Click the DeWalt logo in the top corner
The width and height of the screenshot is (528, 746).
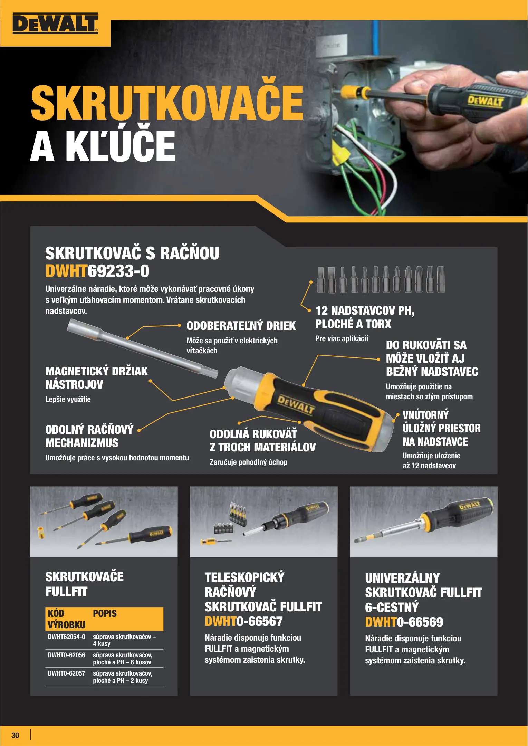[x=55, y=23]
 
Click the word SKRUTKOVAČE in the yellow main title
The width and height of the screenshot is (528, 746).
[x=167, y=103]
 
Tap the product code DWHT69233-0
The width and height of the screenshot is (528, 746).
[x=97, y=271]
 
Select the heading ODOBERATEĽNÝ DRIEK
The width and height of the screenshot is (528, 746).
[x=241, y=326]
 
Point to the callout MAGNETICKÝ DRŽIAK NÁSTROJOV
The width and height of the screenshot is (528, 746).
[x=96, y=378]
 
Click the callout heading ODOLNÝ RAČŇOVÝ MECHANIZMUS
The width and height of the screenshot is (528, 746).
[x=89, y=436]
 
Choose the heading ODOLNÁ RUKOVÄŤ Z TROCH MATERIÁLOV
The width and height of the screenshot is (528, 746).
[x=262, y=441]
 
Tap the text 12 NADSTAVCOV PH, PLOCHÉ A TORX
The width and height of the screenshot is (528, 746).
[x=365, y=317]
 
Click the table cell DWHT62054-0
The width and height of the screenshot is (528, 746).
[x=66, y=637]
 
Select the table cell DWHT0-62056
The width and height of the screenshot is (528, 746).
[x=66, y=655]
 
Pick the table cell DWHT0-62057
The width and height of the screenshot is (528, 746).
[x=66, y=673]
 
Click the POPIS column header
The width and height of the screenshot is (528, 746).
[x=105, y=613]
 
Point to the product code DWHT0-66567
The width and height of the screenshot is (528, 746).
[x=243, y=621]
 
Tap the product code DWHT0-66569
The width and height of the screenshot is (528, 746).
[x=404, y=622]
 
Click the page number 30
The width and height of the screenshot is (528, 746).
[x=15, y=735]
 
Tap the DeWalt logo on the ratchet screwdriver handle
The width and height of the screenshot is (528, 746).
[x=296, y=404]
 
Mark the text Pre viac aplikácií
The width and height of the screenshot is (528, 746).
[x=342, y=338]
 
